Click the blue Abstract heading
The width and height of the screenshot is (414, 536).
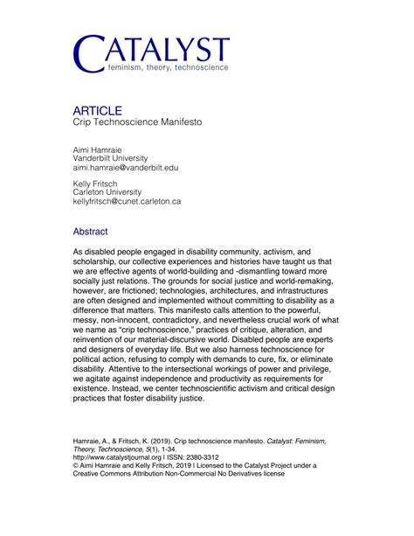(x=91, y=233)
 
